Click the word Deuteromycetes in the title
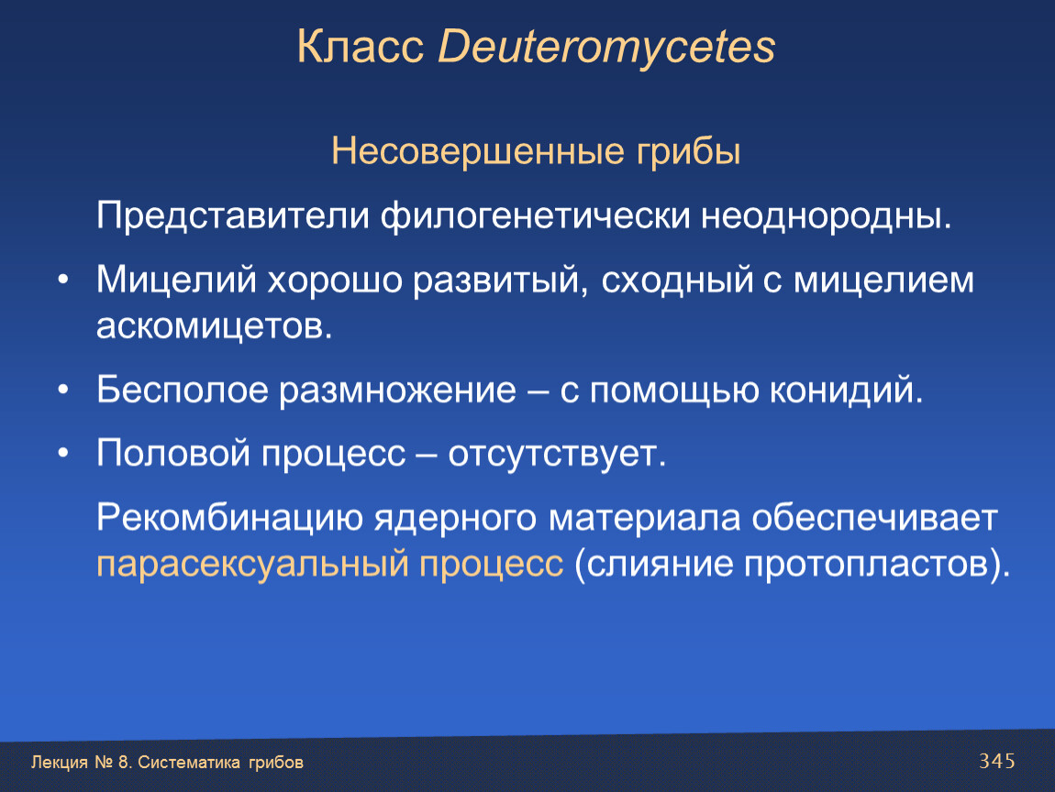point(606,47)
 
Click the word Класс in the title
point(360,47)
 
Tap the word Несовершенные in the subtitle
point(478,150)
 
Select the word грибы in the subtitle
point(688,151)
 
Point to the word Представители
point(233,216)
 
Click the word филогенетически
point(536,216)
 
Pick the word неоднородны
point(827,216)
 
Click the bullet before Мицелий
point(63,279)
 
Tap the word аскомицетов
point(215,326)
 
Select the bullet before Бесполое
point(63,390)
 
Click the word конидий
point(846,390)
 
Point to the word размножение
point(397,390)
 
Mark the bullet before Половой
point(63,453)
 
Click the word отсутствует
point(557,454)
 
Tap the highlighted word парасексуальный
point(252,564)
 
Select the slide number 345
point(996,761)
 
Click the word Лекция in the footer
point(60,763)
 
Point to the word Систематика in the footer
point(189,763)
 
